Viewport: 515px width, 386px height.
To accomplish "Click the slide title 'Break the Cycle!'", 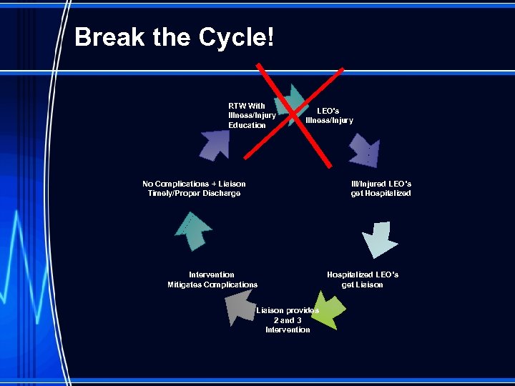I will click(x=174, y=37).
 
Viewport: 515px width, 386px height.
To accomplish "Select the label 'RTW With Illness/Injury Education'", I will click(x=251, y=116).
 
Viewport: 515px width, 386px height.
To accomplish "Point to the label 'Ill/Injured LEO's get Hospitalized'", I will click(x=381, y=189).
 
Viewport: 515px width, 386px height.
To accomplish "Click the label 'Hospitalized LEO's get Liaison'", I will click(x=363, y=279).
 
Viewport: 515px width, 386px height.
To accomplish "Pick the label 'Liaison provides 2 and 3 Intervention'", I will click(x=288, y=320).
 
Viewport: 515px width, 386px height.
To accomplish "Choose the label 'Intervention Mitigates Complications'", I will click(x=212, y=279).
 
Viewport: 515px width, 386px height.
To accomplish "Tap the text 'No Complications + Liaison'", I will click(x=194, y=184).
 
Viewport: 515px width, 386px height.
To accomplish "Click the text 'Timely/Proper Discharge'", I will click(x=194, y=194).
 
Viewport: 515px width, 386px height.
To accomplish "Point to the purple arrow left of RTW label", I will click(x=213, y=142).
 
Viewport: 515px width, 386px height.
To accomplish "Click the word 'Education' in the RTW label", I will click(x=247, y=126).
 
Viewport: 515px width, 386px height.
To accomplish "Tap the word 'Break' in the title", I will click(x=110, y=37).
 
